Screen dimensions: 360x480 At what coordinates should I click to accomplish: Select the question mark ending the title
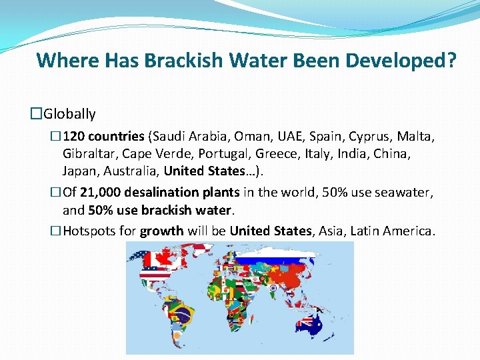(451, 61)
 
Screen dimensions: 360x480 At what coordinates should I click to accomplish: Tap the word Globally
(70, 114)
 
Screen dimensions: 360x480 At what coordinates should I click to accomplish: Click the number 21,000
(102, 193)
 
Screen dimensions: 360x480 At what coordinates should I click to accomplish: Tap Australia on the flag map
(309, 323)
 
